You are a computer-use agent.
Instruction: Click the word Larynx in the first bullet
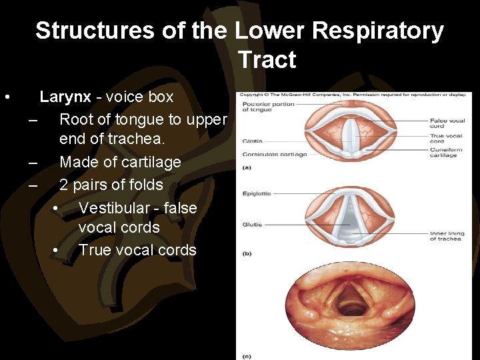[65, 97]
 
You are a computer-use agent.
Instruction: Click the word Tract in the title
[267, 60]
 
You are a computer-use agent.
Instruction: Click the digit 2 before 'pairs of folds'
[64, 185]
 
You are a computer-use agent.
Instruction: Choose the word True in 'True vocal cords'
[94, 250]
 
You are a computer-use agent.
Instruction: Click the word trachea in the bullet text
[136, 139]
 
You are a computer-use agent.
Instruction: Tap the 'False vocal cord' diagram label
[446, 123]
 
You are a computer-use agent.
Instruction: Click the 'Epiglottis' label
[256, 193]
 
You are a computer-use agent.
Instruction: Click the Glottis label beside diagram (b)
[252, 225]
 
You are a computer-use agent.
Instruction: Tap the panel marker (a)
[247, 167]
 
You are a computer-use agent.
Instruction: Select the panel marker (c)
[247, 356]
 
